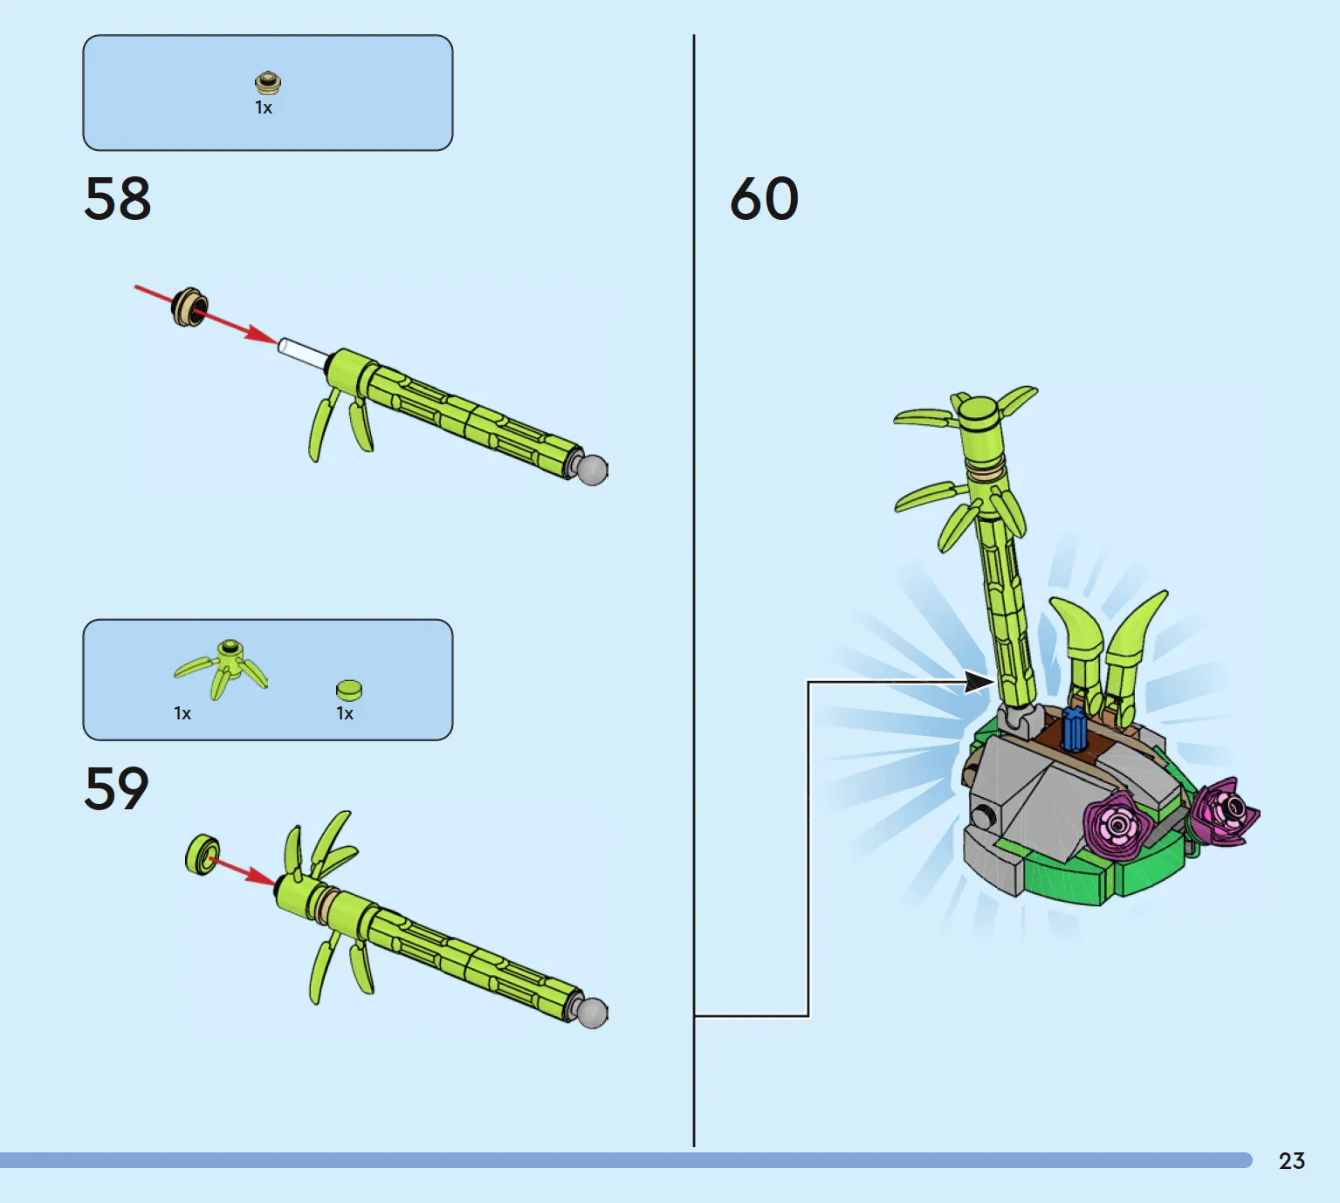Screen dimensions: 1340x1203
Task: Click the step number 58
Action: click(118, 198)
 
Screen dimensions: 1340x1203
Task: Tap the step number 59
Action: click(116, 787)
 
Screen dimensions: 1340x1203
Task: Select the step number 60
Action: click(764, 198)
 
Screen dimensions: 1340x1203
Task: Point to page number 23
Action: click(1292, 1161)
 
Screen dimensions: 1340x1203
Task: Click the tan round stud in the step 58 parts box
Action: click(268, 83)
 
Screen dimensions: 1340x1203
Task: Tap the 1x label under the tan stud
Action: click(264, 107)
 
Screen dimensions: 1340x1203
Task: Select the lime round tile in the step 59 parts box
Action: click(349, 690)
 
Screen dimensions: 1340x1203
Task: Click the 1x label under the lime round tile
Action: click(345, 713)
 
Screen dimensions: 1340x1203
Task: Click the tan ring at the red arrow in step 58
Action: click(189, 307)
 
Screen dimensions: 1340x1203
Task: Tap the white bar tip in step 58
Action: click(283, 345)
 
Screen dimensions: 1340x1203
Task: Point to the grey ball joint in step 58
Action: click(592, 470)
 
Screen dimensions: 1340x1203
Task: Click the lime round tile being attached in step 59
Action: click(203, 854)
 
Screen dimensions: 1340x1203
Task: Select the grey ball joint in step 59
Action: click(592, 1013)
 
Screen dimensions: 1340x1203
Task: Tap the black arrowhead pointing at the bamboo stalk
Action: click(979, 682)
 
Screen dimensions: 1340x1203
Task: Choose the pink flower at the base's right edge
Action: click(1225, 812)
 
